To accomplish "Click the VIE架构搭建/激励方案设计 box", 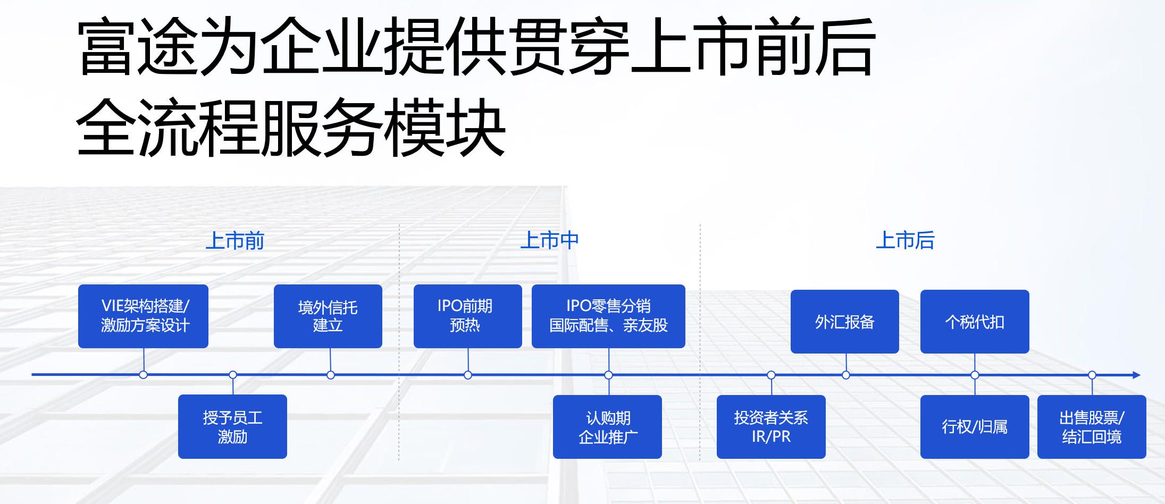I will click(143, 316).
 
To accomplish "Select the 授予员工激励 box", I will click(232, 426).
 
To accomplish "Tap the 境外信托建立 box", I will click(328, 316).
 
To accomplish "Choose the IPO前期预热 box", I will click(467, 316).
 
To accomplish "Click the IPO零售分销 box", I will click(608, 316).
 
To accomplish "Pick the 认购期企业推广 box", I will click(607, 426).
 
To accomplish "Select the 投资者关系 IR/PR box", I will click(771, 426).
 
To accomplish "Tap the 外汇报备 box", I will click(844, 321).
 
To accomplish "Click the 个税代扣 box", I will click(975, 321).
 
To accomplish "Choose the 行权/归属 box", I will click(975, 426).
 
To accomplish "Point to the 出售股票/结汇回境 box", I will click(1092, 426).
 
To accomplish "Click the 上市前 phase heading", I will click(234, 241).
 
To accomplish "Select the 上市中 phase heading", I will click(549, 240).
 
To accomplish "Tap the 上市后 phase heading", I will click(905, 240).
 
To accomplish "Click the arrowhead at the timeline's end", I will click(1136, 375).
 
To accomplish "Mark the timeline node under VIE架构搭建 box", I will click(143, 375).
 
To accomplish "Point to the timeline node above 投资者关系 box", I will click(771, 375).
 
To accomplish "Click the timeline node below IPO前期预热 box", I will click(468, 375).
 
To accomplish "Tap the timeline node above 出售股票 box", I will click(1092, 375).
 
